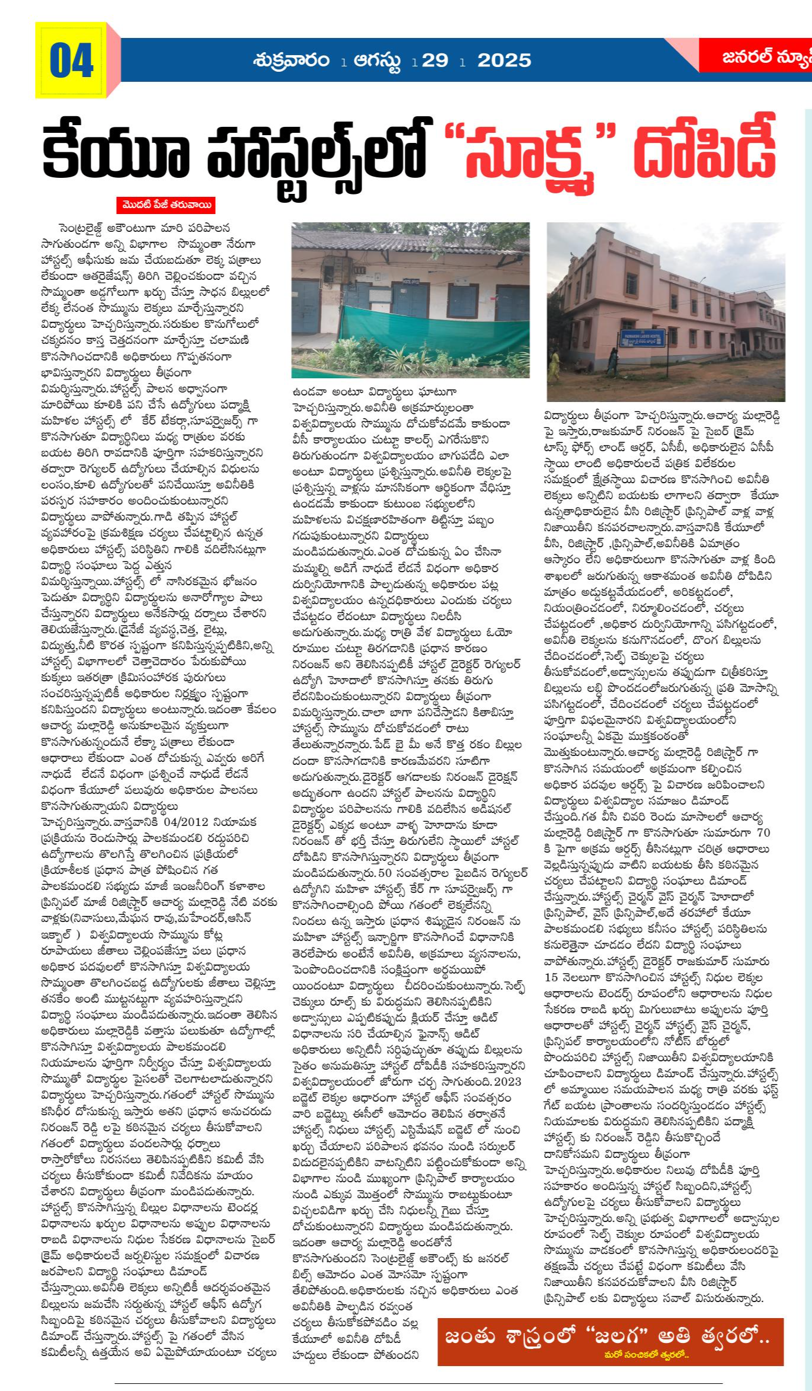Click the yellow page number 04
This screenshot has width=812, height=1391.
coord(71,60)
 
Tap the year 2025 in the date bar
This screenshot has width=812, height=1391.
coord(504,60)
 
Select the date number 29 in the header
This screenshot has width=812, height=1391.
coord(434,60)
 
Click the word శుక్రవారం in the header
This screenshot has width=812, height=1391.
coord(290,60)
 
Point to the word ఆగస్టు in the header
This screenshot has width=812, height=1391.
coord(376,60)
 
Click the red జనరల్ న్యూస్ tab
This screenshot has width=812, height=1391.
coord(765,57)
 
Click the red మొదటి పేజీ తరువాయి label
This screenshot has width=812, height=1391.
coord(166,205)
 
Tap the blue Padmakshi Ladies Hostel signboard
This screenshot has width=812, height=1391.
coord(642,339)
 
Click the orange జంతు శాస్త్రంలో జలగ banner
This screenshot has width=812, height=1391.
coord(610,1342)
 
